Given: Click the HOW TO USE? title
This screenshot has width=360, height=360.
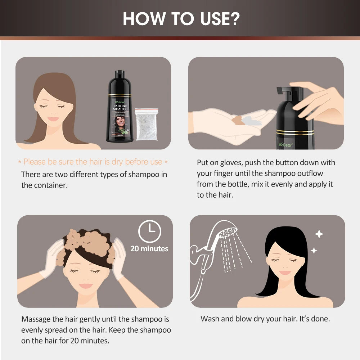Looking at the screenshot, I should [180, 19].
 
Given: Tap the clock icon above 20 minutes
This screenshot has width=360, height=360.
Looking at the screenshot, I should [150, 231].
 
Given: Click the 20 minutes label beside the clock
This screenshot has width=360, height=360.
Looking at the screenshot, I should [149, 248].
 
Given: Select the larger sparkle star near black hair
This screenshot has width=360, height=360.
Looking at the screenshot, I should [319, 234].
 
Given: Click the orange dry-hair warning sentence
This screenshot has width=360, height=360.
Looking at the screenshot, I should [93, 162].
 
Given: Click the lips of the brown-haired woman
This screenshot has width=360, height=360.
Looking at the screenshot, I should [53, 119].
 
